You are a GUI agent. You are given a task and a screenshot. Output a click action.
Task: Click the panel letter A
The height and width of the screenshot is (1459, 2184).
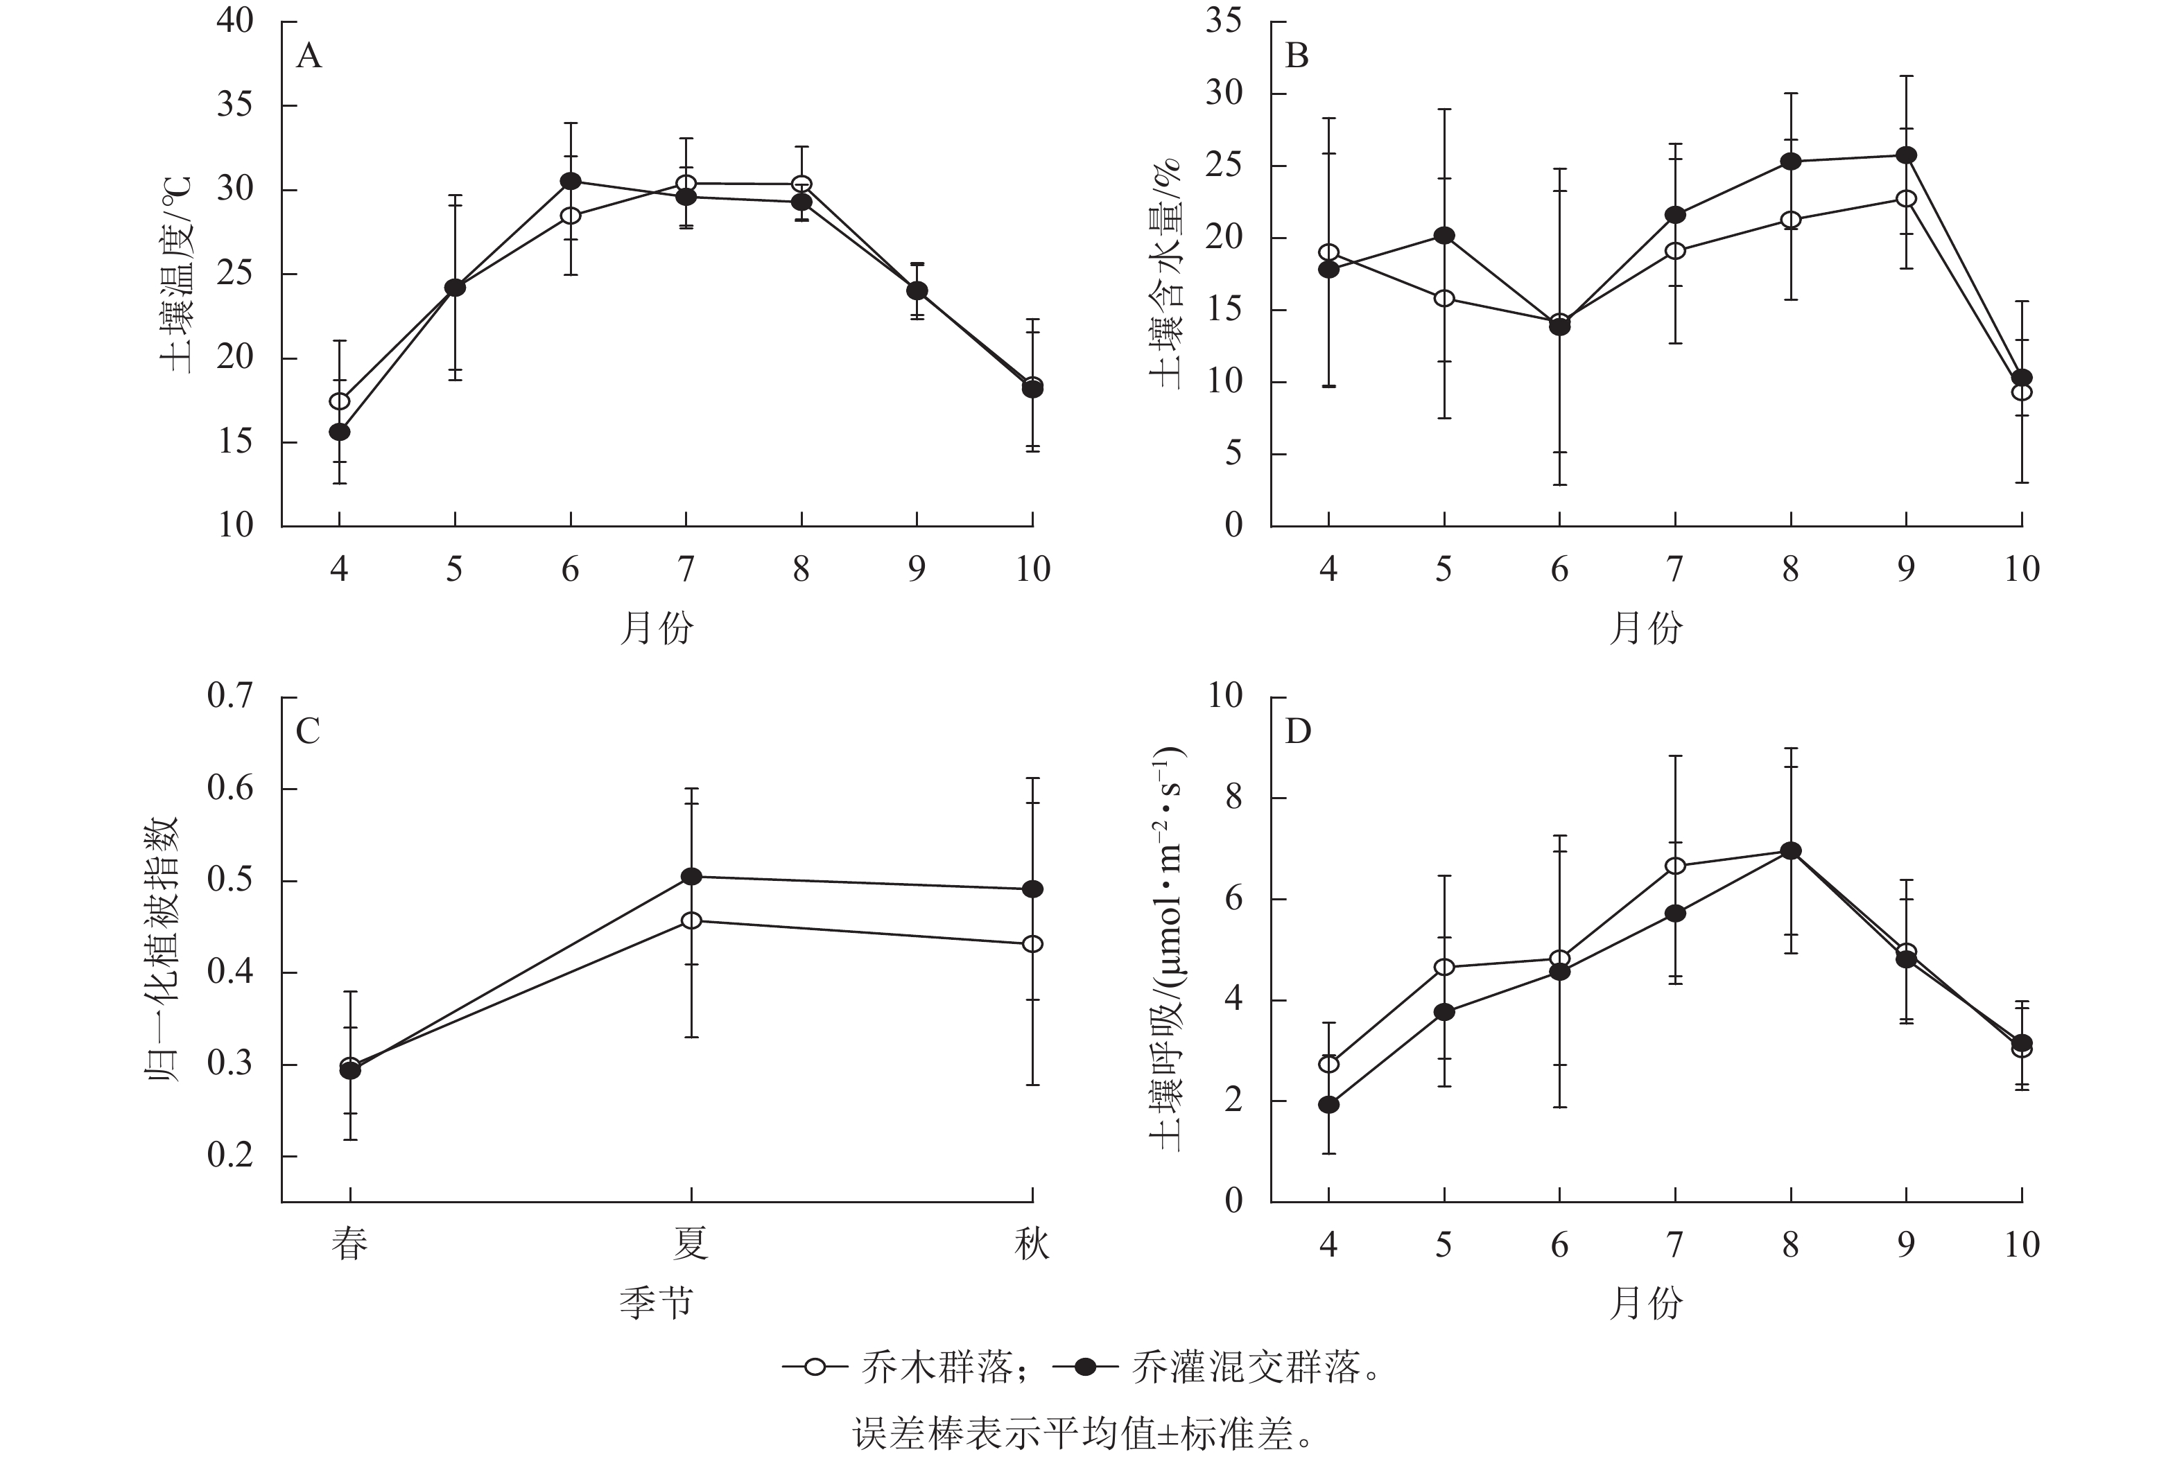coord(309,58)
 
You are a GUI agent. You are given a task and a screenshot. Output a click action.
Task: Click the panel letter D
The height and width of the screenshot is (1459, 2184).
coord(1297,733)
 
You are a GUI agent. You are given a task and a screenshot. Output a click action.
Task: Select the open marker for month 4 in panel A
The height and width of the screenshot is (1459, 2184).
coord(340,401)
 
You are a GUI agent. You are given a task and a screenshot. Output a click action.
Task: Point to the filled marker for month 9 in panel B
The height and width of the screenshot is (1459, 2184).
coord(1906,155)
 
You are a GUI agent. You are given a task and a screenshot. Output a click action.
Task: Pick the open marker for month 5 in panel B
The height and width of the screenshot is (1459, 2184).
coord(1444,299)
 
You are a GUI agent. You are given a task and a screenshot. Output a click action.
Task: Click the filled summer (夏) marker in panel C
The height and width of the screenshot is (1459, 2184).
coord(691,877)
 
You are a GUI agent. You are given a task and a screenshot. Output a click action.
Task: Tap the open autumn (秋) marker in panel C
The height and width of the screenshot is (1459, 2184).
coord(1032,943)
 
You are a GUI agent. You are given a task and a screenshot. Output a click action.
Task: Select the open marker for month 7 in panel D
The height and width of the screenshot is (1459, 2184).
coord(1675,866)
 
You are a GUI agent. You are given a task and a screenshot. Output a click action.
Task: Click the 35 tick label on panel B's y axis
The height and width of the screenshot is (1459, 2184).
coord(1224,21)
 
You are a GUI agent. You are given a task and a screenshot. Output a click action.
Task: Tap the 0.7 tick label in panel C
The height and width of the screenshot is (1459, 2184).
coord(230,696)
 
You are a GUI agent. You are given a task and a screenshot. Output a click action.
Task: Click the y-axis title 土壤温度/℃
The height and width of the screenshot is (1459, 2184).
coord(177,274)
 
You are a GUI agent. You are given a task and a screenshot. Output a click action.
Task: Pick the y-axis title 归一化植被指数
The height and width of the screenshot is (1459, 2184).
coord(163,949)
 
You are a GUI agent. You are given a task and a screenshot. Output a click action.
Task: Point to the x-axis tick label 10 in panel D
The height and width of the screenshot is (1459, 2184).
coord(2021,1245)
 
